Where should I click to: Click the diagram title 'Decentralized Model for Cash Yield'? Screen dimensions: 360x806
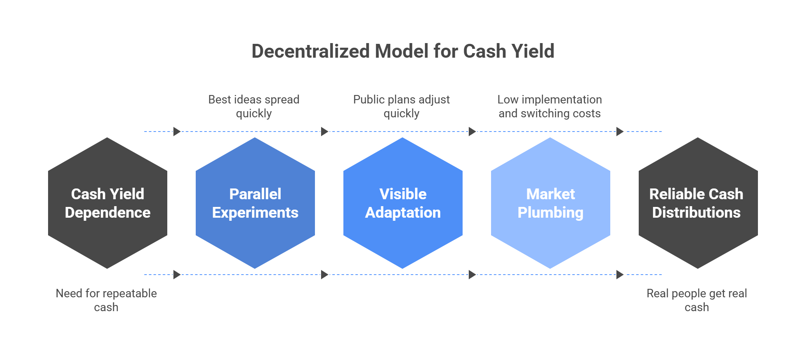coord(403,51)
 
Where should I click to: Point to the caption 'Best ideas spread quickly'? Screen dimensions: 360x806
coord(254,106)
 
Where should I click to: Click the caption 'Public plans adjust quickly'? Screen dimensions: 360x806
coord(401,106)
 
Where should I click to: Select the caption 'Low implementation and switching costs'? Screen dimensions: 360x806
coord(550,106)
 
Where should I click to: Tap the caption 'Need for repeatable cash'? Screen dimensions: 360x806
coord(106,300)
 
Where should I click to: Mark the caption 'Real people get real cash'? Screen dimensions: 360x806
coord(697,300)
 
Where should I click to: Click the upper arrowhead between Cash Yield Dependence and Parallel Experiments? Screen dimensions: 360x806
coord(177,132)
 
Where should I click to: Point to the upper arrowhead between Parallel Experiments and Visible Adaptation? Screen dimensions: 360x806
coord(325,132)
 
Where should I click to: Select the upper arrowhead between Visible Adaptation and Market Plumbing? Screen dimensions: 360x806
coord(472,132)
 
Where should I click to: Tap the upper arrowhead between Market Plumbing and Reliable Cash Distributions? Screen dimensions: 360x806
coord(620,132)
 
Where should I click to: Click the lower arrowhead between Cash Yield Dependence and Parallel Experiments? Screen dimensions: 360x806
coord(177,275)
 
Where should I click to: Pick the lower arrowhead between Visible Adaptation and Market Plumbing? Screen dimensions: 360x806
coord(472,275)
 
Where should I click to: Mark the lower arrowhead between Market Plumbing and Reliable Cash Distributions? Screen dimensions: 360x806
coord(620,275)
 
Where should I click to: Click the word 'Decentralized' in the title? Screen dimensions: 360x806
coord(311,51)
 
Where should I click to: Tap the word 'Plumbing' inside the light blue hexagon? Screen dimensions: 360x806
coord(550,213)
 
